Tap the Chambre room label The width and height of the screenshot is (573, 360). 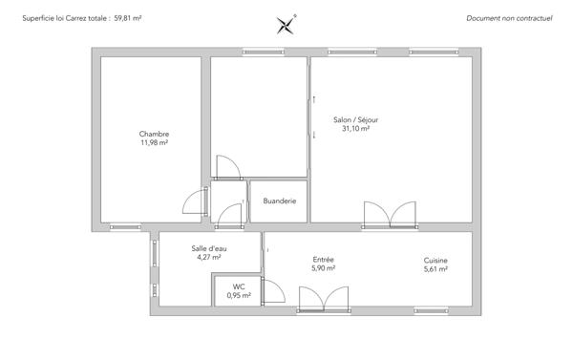point(154,134)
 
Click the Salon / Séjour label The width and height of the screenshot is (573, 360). point(355,119)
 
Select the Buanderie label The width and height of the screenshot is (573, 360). point(279,201)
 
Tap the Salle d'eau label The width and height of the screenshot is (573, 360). point(208,248)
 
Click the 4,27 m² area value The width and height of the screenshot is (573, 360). point(208,257)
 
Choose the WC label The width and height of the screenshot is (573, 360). point(239,287)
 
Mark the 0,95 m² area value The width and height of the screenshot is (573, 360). point(239,296)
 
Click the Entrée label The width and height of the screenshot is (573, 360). point(323,260)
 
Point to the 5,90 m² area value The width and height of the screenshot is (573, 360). point(323,268)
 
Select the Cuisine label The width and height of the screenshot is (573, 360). point(435,260)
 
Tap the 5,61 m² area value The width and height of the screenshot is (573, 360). point(435,268)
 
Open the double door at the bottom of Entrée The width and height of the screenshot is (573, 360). point(325,300)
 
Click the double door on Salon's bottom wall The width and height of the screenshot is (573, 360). point(390,214)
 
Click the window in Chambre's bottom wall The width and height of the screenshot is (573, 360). point(125,227)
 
